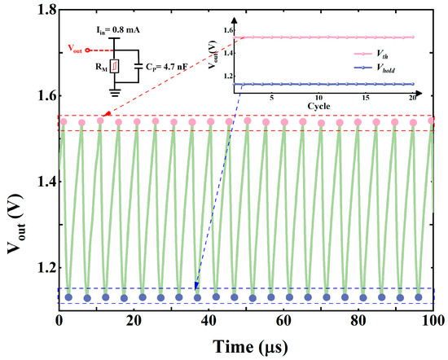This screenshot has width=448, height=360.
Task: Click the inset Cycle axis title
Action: (x=320, y=107)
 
